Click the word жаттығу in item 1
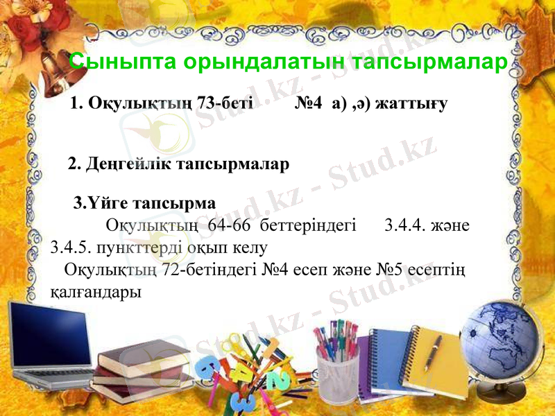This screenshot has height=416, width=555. (x=412, y=103)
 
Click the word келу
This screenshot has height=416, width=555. (x=246, y=247)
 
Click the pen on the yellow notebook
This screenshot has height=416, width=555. (x=432, y=350)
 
